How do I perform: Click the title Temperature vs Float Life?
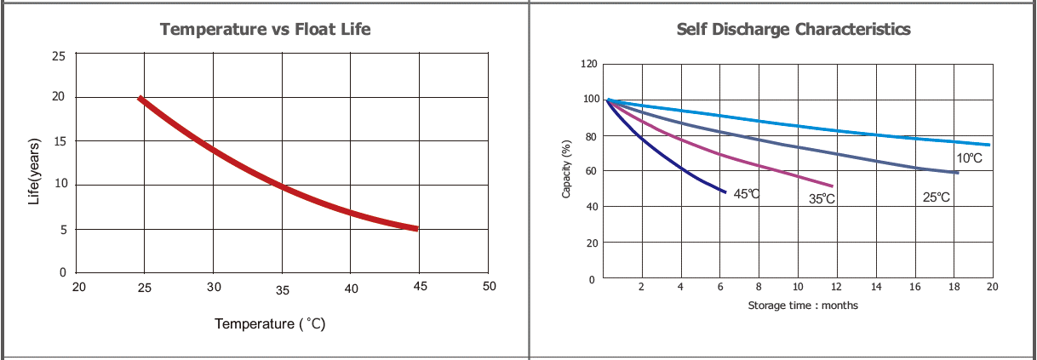(266, 29)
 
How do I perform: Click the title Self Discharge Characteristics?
(794, 29)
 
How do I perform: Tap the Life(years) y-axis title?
(34, 170)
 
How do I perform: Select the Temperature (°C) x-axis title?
(270, 324)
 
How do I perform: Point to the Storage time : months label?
(803, 305)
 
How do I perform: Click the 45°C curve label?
(747, 194)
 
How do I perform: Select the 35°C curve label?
(822, 199)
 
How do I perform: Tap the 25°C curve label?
(937, 197)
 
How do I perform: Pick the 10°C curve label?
(970, 158)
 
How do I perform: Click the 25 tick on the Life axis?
(59, 56)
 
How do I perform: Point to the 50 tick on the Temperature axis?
(489, 287)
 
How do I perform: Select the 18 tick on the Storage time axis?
(954, 287)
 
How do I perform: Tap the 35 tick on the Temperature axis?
(283, 290)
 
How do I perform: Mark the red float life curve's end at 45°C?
(416, 228)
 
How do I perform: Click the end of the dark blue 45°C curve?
(725, 192)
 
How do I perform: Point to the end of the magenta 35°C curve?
(832, 186)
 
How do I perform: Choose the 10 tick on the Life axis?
(59, 185)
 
